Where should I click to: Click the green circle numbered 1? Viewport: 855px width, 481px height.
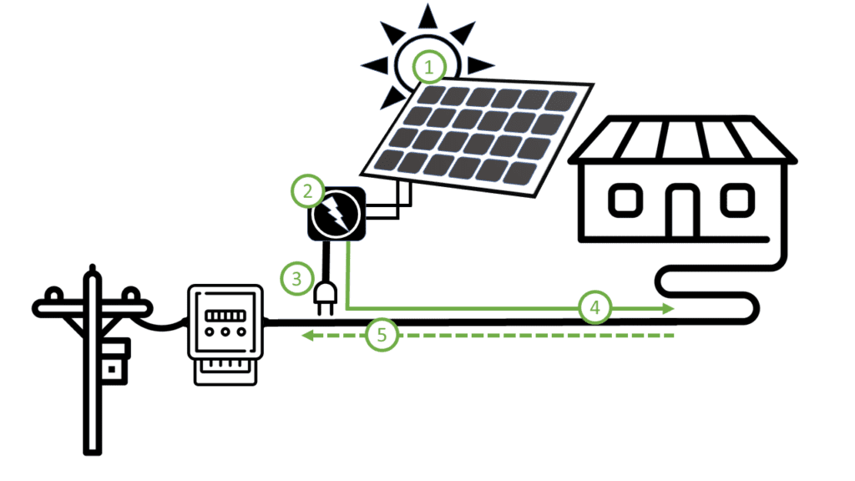429,67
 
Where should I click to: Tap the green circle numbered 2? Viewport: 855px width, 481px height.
307,191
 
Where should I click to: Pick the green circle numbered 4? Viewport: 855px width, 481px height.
594,308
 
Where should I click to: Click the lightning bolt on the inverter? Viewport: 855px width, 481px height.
336,215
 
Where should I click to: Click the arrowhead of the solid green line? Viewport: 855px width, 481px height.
668,308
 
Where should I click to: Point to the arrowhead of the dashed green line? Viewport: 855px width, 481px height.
308,336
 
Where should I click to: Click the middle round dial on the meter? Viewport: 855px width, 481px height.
224,332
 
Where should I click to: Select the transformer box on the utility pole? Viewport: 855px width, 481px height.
114,360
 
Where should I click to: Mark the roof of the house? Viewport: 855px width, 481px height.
681,140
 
